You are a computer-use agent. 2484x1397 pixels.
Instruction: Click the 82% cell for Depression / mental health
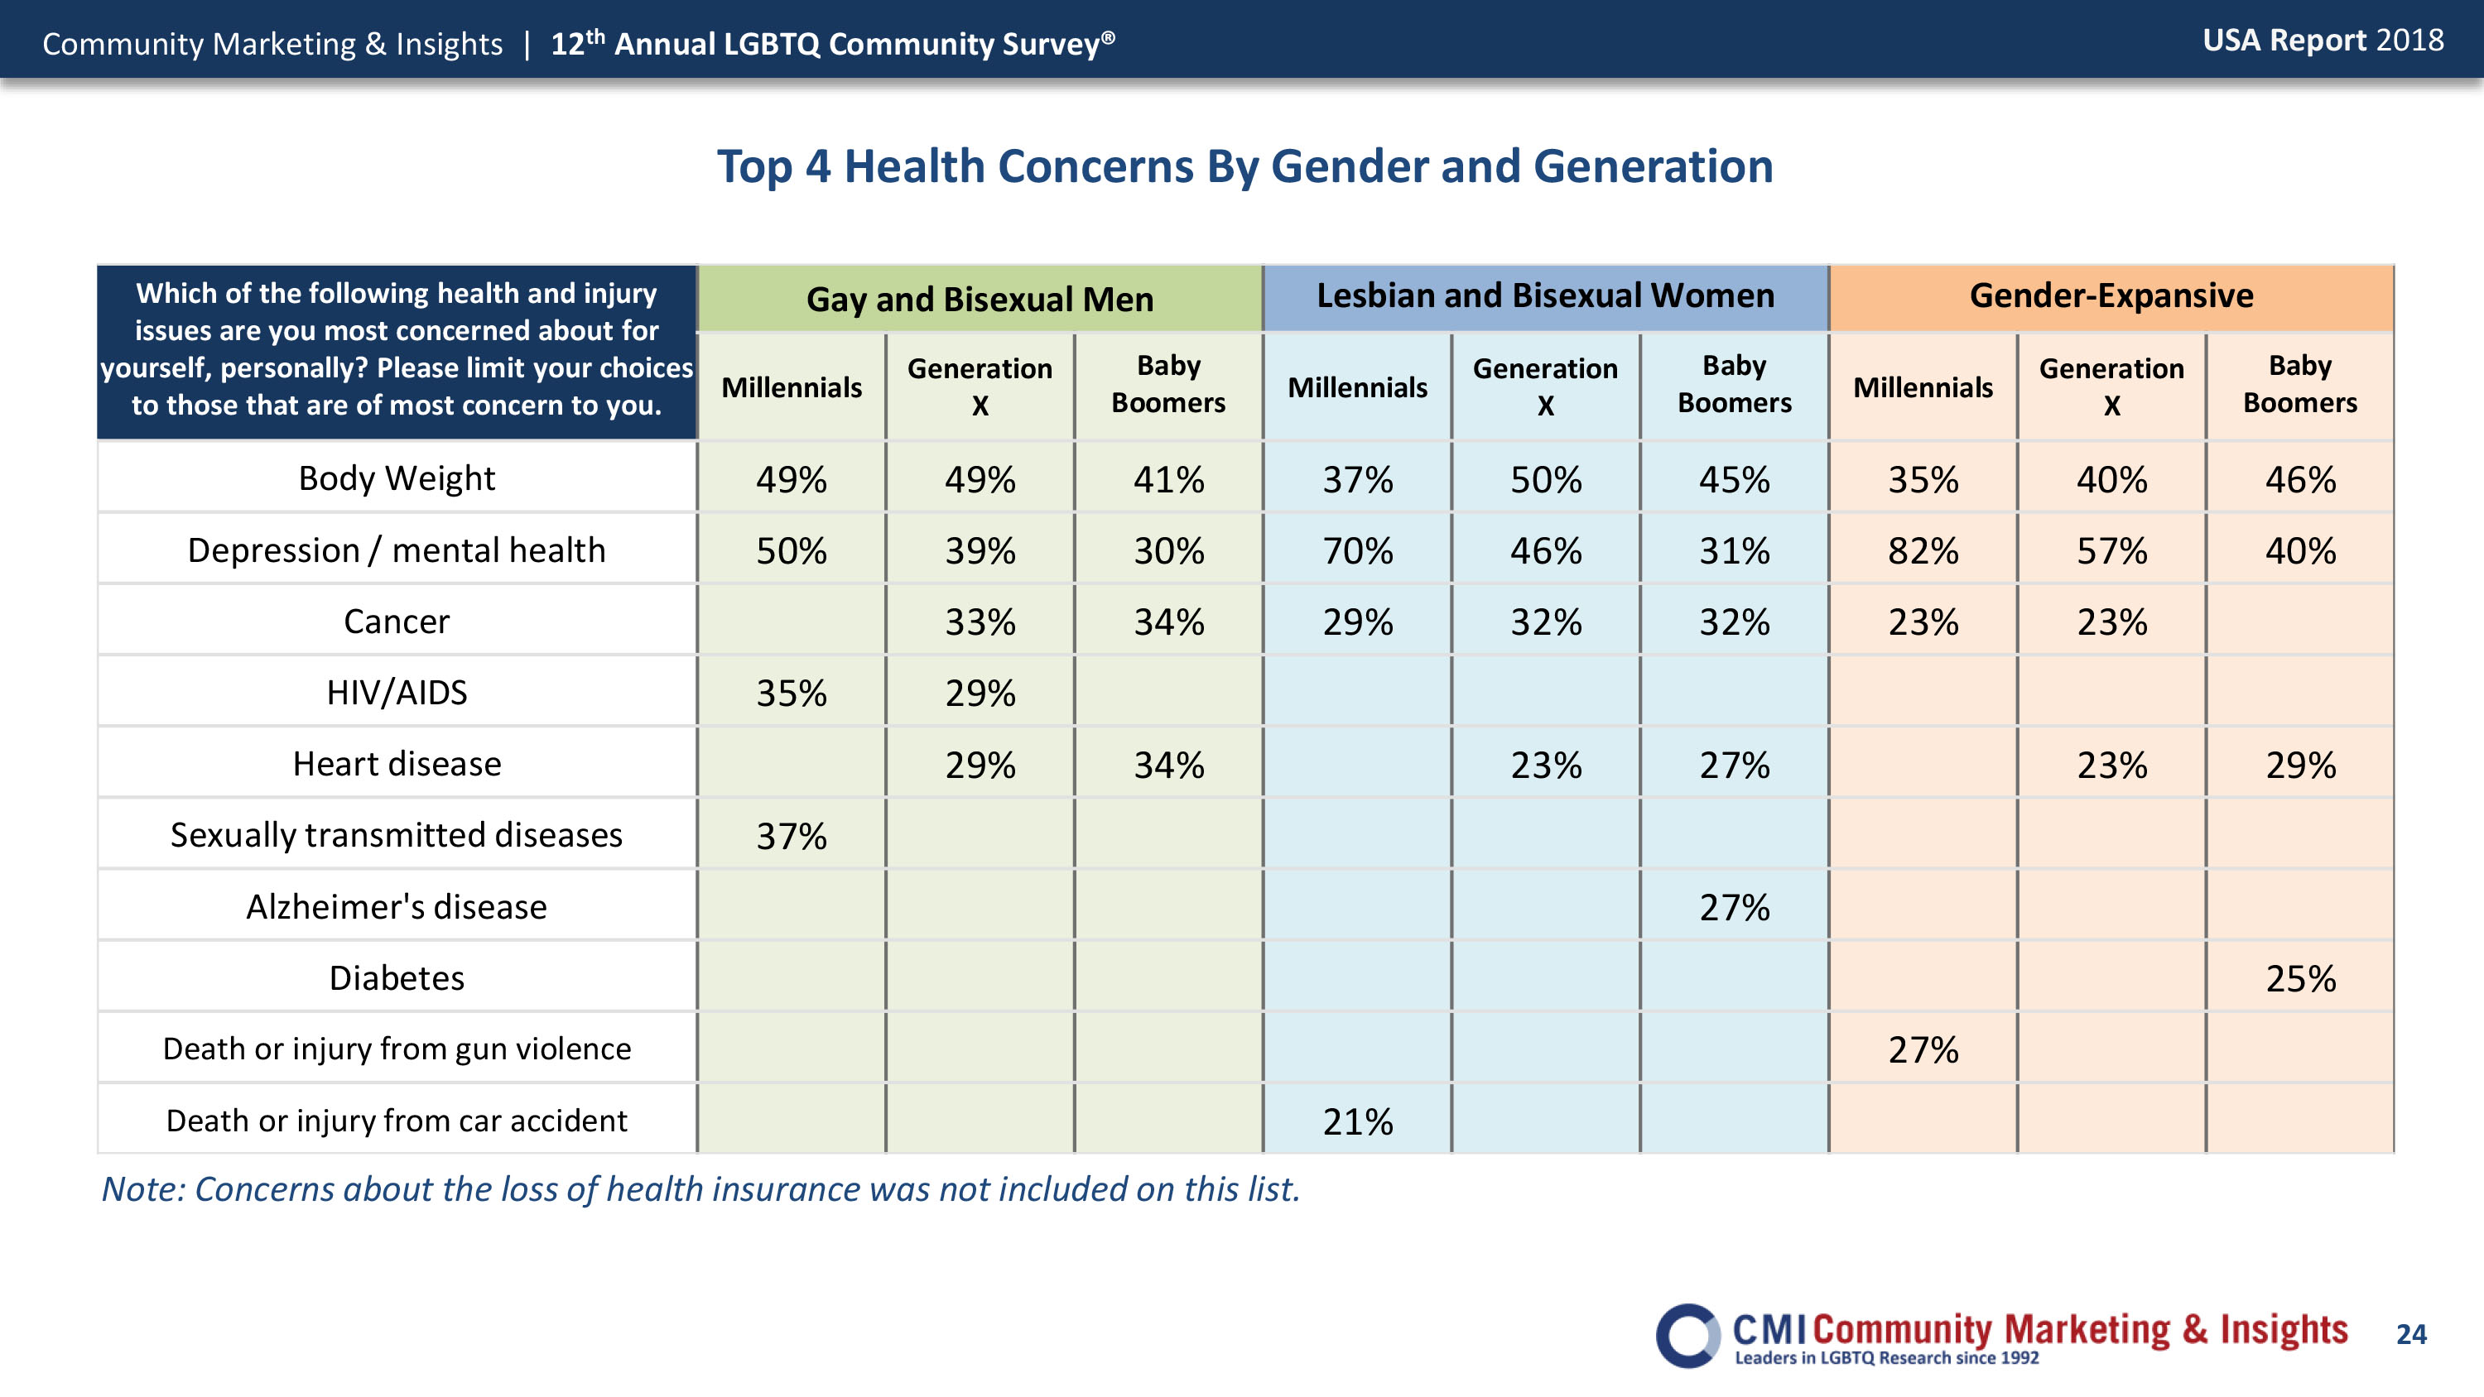[1923, 550]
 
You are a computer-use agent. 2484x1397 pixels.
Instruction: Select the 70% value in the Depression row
[1357, 550]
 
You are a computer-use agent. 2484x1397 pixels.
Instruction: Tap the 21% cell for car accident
[1357, 1121]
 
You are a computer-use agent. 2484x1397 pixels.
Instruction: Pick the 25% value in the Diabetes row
[2300, 978]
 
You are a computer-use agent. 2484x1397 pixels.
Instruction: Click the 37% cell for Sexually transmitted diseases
[791, 836]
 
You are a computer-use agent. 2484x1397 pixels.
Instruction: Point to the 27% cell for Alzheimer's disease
[1734, 907]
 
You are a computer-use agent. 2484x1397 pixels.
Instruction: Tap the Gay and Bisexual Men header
[980, 299]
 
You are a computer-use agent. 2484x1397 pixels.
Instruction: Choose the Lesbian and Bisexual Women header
[1545, 295]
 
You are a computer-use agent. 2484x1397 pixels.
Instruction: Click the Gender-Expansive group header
[2111, 295]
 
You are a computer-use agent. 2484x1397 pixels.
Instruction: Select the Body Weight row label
[397, 478]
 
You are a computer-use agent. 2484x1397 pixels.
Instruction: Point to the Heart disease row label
[397, 764]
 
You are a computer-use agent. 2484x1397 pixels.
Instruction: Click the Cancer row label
[397, 621]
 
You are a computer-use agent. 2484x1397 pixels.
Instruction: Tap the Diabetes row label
[397, 977]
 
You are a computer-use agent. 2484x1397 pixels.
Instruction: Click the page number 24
[2410, 1334]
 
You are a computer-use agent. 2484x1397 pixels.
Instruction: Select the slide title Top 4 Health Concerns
[1244, 166]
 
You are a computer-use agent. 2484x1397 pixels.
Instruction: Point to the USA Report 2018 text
[2323, 41]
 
